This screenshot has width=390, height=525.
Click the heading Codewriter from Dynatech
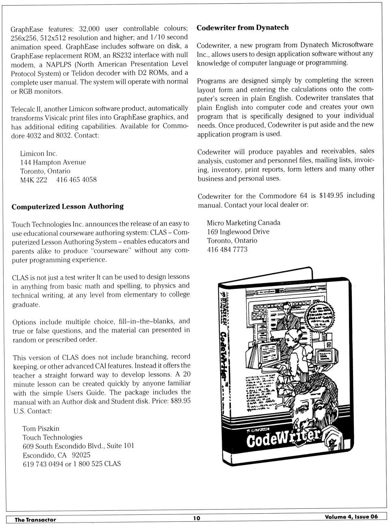[243, 28]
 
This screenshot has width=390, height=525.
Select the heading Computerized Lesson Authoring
[67, 207]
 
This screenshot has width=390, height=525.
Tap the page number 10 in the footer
[197, 518]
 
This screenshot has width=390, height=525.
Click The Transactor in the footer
[35, 519]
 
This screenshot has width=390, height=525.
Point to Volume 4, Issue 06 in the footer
[351, 516]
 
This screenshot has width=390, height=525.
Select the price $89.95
[180, 401]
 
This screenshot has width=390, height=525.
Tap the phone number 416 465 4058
[76, 180]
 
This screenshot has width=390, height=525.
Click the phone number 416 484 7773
[227, 250]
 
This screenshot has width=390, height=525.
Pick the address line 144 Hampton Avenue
[53, 162]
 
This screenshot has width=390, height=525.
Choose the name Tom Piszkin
[41, 428]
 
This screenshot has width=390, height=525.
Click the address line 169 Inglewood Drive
[238, 232]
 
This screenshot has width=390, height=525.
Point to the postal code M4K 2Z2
[34, 180]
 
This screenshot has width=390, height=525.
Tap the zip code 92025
[81, 455]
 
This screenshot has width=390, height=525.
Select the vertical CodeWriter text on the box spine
[223, 353]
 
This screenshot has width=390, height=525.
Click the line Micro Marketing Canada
[243, 223]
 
